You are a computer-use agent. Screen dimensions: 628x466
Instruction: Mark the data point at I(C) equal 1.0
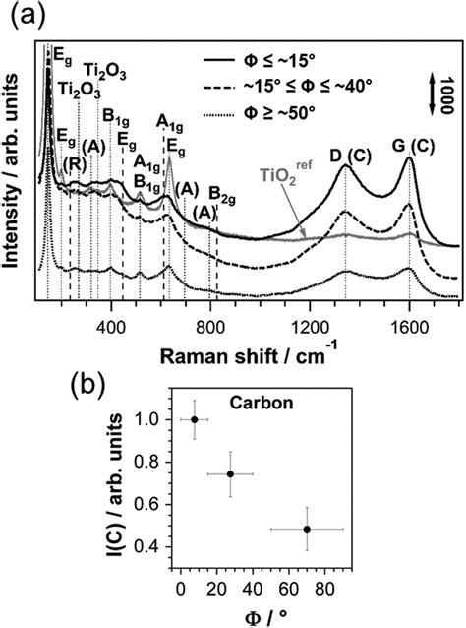(x=195, y=419)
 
